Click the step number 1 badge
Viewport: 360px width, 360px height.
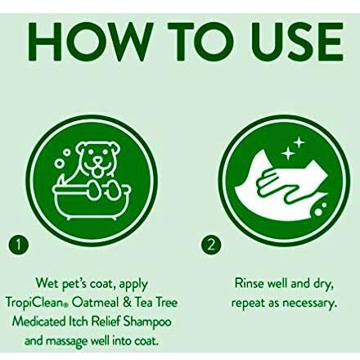click(x=18, y=245)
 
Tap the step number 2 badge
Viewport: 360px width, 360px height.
click(x=211, y=245)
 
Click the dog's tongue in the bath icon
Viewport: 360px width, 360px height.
click(x=96, y=170)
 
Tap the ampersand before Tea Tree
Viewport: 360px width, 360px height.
click(x=128, y=303)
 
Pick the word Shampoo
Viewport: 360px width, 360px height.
click(x=147, y=322)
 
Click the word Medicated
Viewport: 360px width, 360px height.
click(x=38, y=322)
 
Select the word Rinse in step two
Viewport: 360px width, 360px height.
click(x=250, y=284)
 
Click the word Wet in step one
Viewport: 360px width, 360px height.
click(x=47, y=284)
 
